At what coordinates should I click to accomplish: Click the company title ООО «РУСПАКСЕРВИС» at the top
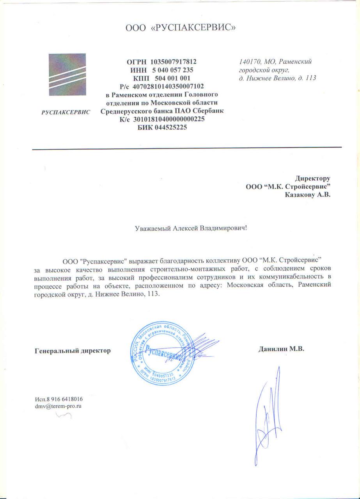point(181,28)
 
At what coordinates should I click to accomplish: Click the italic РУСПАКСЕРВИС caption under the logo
point(66,112)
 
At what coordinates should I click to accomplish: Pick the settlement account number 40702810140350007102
point(168,86)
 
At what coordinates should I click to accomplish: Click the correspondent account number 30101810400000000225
point(169,119)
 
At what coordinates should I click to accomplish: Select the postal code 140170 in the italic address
point(249,62)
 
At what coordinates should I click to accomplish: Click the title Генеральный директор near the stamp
point(73,350)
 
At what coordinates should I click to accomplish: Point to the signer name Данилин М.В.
point(281,349)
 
